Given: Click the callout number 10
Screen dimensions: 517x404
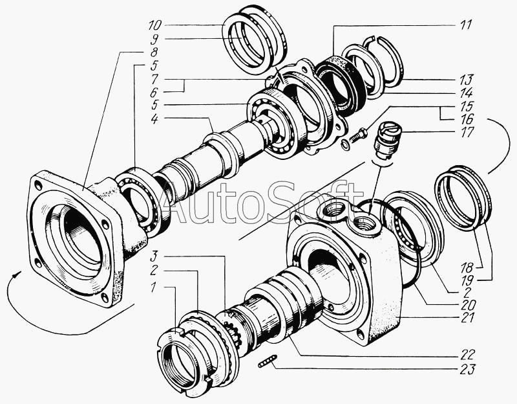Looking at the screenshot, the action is point(154,25).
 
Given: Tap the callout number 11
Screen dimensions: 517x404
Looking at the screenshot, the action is point(466,25).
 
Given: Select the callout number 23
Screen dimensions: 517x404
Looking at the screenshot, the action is point(467,369).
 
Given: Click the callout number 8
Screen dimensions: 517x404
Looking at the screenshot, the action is point(154,52).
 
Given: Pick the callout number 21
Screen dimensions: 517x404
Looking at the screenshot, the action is point(467,317).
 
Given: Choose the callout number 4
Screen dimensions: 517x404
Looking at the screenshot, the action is point(154,118).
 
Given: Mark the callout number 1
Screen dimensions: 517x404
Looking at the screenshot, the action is point(153,287).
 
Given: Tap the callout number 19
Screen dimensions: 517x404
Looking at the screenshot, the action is point(467,280).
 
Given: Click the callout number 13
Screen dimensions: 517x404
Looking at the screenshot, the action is point(467,79).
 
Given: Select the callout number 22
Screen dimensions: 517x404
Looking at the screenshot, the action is point(467,354).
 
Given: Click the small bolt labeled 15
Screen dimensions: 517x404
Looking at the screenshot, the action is point(357,135).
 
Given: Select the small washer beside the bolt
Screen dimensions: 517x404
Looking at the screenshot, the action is point(345,144).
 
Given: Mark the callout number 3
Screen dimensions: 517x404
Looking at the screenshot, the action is point(154,255).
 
